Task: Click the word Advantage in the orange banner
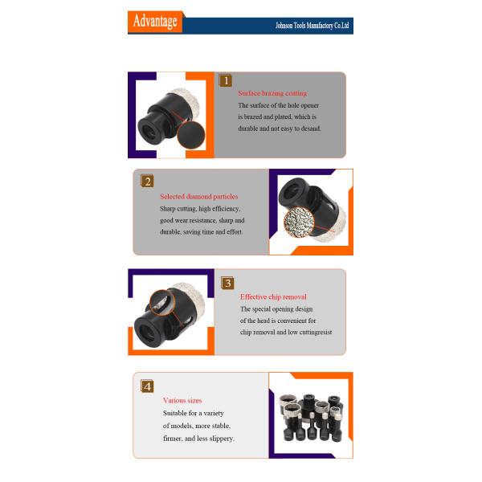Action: click(155, 21)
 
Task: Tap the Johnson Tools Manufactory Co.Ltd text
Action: click(312, 26)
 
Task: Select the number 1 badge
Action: click(225, 80)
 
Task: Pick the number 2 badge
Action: click(147, 181)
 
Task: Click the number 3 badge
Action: click(227, 283)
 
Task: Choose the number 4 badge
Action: click(147, 386)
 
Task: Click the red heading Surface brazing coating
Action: click(272, 93)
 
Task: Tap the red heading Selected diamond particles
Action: click(199, 197)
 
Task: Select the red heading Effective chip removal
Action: click(273, 297)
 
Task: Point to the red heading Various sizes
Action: click(182, 400)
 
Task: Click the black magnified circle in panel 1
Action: click(191, 135)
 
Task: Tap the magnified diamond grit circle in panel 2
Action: click(299, 222)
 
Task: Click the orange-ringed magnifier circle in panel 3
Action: click(162, 303)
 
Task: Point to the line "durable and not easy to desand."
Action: click(280, 129)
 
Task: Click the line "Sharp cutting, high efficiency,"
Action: click(200, 209)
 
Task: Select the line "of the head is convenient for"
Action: click(278, 321)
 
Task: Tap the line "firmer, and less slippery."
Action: click(198, 439)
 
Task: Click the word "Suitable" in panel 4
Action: click(174, 413)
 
